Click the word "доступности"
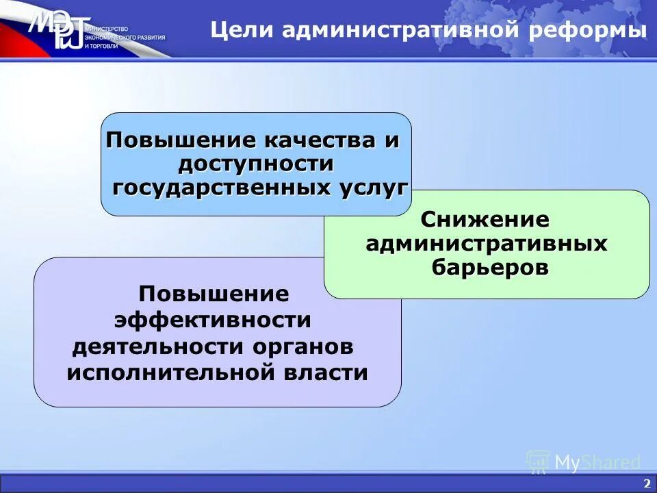point(256,164)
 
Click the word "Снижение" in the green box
point(485,220)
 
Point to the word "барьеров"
point(490,267)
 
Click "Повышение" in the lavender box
point(214,294)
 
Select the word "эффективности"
point(213,320)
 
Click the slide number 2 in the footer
point(646,483)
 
